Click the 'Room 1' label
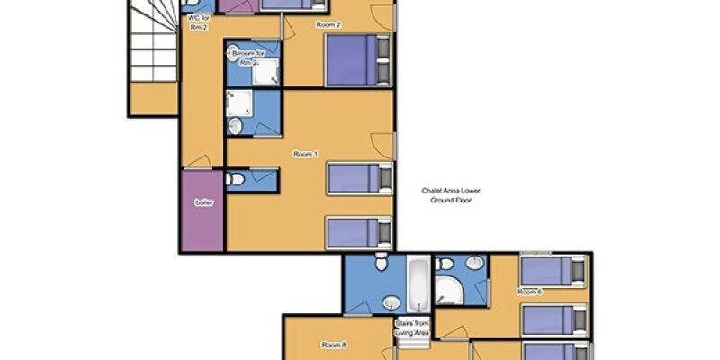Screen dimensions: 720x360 tap(305, 155)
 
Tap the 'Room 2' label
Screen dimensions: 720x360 tap(328, 25)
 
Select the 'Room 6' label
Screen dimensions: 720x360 tap(529, 292)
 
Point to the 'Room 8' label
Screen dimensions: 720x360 tap(333, 346)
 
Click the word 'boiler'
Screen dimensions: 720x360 tap(204, 202)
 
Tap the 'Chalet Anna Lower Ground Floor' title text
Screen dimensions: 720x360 tap(451, 195)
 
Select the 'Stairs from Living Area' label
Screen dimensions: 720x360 tap(412, 328)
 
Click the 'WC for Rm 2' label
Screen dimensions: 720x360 tap(199, 23)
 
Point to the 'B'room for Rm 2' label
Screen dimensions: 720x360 tap(248, 58)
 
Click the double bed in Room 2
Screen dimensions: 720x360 tap(358, 60)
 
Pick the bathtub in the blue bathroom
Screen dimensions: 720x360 tap(418, 283)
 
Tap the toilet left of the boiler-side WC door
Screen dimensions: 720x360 tap(235, 179)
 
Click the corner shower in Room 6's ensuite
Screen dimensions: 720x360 tap(448, 290)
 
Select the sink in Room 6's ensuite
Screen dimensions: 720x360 tap(474, 263)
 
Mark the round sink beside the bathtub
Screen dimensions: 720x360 tap(391, 302)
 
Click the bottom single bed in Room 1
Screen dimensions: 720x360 tap(359, 233)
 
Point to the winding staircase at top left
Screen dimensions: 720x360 tap(153, 41)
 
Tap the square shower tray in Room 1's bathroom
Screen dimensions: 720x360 tap(238, 103)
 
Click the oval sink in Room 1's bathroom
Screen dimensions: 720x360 tap(235, 126)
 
